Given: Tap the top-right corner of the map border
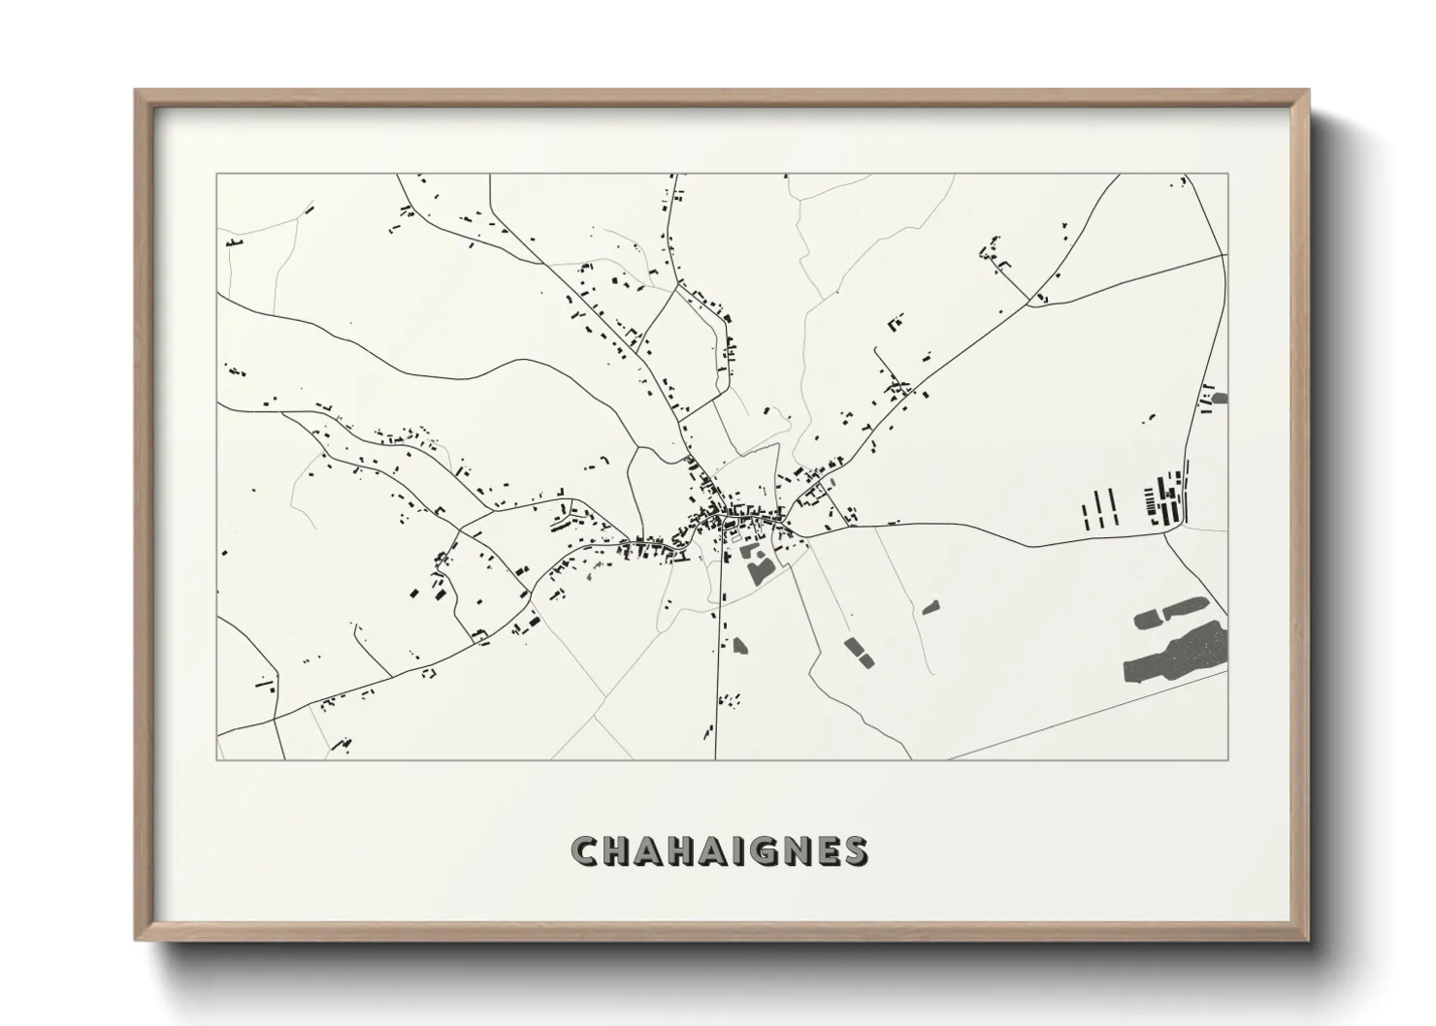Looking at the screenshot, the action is click(1227, 175).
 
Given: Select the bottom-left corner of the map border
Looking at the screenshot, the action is click(216, 759).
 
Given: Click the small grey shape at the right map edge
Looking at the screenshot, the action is click(1220, 397).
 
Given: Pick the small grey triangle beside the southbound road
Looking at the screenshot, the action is click(739, 644).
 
